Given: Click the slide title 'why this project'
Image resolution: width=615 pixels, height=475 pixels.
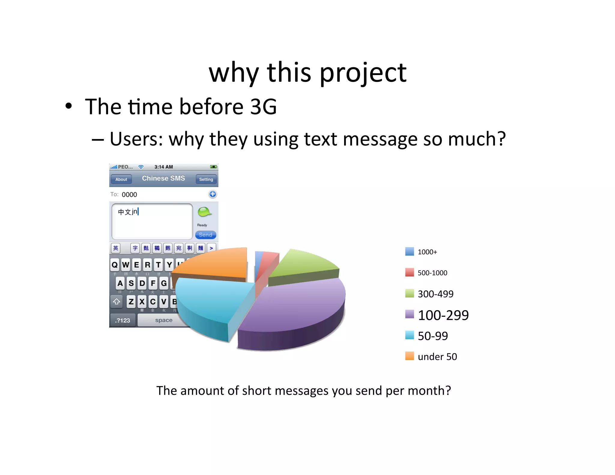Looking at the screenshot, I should coord(307,73).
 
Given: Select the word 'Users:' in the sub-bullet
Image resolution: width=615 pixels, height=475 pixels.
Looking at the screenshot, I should coord(136,139).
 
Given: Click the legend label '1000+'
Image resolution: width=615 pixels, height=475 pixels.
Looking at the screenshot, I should coord(427,252).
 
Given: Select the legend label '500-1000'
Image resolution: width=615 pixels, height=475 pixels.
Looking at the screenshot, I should coord(432,273).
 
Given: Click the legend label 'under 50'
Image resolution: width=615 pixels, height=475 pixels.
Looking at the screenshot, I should coord(437,357).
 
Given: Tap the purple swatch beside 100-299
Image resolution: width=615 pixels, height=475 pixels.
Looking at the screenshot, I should coord(409,314).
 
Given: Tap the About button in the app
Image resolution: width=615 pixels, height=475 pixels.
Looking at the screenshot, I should coord(121,179).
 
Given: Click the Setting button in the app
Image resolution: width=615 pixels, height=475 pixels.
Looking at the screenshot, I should coord(206,179).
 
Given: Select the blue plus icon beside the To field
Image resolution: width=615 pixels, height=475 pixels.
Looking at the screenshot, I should coord(213,194).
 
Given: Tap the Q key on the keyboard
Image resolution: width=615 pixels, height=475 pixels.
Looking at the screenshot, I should coord(115,265).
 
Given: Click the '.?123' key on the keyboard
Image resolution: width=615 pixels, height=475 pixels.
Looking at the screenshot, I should coord(123,320).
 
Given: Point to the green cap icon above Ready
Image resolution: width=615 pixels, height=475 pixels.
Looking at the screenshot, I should coord(204,212).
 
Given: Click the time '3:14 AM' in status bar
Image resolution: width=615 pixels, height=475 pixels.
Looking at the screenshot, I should coord(164,167).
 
